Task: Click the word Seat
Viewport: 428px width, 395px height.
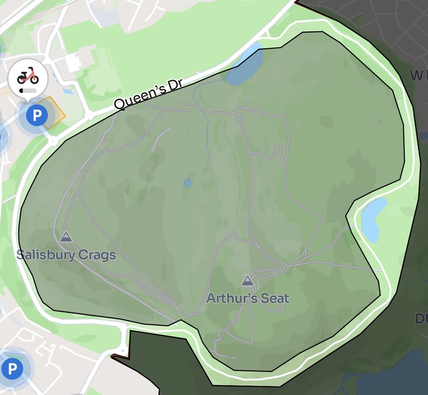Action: coord(274,298)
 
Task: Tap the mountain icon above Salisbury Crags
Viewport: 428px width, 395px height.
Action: coord(66,237)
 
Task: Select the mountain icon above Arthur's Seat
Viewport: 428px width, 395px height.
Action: coord(247,280)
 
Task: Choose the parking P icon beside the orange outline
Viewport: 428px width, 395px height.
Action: coord(36,114)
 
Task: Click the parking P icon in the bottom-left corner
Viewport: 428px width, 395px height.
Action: coord(12,369)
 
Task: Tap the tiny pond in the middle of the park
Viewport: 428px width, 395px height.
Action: coord(188,183)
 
